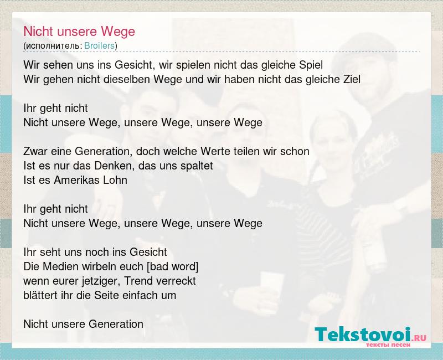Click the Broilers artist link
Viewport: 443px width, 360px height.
click(100, 45)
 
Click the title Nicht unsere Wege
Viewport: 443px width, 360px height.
click(79, 32)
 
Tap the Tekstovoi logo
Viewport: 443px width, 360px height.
click(370, 336)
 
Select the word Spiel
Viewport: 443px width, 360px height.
click(311, 65)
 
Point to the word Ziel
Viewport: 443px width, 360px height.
click(352, 79)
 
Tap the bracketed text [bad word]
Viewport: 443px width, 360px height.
click(173, 266)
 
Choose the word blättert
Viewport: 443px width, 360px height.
click(40, 295)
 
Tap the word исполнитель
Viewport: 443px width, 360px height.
click(53, 46)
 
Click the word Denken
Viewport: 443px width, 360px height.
click(110, 166)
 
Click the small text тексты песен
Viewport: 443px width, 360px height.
click(388, 345)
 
